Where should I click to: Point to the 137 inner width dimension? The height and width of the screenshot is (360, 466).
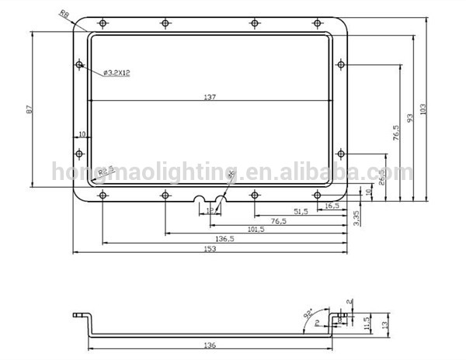[x=210, y=96]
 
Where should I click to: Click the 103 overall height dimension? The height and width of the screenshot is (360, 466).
[x=423, y=109]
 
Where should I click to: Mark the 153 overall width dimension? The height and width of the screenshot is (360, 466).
[x=209, y=249]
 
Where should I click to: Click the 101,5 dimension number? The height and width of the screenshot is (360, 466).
[x=256, y=230]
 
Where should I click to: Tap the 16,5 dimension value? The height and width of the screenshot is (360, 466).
[x=332, y=205]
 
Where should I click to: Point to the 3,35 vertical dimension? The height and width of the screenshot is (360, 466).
[x=356, y=217]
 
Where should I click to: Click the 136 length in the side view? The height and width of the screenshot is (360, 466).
[x=210, y=344]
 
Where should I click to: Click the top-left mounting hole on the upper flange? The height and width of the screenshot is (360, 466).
[x=103, y=23]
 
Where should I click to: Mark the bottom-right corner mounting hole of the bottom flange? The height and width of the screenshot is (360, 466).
[x=316, y=195]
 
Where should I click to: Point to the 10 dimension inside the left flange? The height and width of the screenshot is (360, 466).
[x=81, y=134]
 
